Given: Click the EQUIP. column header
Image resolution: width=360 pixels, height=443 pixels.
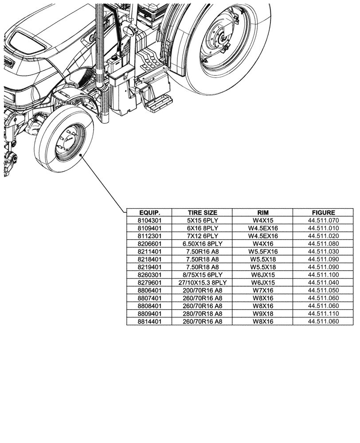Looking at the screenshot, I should [149, 212].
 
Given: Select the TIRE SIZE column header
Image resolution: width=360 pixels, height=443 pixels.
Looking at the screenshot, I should [202, 212].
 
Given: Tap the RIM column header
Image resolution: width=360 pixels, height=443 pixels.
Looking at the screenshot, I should [263, 212].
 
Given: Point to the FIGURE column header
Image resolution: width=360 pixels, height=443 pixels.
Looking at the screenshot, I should [323, 212].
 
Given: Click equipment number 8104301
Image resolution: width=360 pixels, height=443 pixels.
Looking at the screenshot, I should [149, 220].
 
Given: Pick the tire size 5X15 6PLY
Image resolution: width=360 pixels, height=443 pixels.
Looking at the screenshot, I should [202, 220].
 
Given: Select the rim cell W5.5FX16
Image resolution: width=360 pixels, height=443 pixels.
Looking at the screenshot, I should [263, 251].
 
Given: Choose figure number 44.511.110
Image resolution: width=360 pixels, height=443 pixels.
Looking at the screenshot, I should [323, 314].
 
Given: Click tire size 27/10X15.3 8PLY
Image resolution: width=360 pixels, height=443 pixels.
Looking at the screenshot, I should [202, 282].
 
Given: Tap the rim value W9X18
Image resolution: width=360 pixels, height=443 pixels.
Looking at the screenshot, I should [263, 314].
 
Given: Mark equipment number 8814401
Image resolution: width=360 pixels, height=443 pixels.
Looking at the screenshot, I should [149, 322].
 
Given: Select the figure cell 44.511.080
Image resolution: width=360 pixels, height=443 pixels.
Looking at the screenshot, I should [323, 243].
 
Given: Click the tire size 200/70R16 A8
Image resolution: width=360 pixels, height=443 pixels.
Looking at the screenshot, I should [202, 290].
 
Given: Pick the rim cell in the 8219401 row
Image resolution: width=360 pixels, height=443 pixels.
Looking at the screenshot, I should [263, 267].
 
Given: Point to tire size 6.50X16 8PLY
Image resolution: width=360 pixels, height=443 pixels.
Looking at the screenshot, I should [202, 243].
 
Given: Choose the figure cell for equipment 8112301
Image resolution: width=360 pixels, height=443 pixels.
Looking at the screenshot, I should [323, 236].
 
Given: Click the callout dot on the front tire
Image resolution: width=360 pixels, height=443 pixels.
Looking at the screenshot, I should [80, 155].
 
